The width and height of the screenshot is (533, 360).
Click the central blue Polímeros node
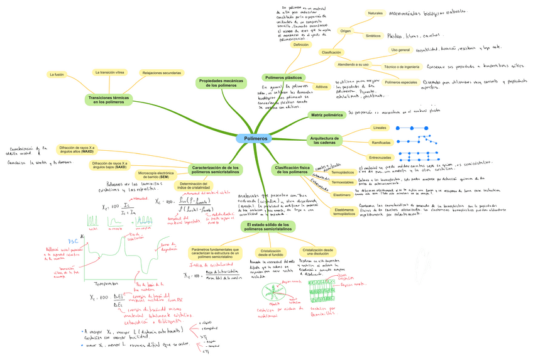pos(255,138)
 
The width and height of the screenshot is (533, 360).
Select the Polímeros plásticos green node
pos(284,77)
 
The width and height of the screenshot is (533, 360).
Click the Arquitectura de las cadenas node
pos(325,141)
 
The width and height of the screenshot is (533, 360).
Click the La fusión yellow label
pos(57,75)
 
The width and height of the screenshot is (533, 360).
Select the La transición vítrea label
pos(109,73)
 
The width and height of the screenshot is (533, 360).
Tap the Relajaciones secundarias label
pos(162,73)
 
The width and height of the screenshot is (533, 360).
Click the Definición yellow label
pos(301,45)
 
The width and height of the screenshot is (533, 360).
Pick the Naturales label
pos(375,13)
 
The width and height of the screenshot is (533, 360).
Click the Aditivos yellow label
pos(322,87)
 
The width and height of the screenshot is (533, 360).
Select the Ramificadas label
pos(381,143)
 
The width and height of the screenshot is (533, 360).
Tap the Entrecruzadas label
pos(380,157)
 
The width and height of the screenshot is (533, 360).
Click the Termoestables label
pos(343,182)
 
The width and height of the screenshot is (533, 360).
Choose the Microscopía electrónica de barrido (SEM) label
pos(155,175)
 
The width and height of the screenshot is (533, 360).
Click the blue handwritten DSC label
pos(73,242)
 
